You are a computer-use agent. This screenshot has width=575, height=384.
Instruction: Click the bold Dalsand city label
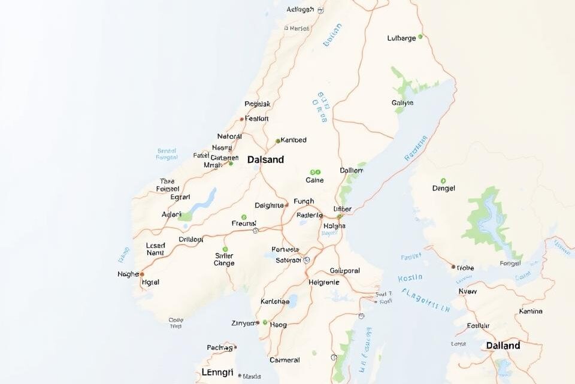point(265,160)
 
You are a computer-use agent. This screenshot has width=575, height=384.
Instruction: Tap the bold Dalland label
point(503,346)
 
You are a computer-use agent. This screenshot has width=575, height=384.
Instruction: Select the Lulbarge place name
point(401,38)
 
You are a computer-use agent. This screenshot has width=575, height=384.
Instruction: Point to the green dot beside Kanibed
point(277,141)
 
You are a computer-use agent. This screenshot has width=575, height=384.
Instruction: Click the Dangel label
point(443,188)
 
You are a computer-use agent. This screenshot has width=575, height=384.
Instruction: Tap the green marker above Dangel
point(443,180)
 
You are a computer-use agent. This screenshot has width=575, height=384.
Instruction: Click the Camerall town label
point(285,360)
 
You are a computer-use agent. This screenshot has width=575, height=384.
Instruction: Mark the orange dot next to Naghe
point(142,274)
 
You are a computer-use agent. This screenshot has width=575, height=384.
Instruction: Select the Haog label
point(279,325)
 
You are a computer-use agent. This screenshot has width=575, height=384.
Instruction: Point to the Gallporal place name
point(344,271)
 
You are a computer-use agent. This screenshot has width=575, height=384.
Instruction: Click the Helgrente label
point(324,282)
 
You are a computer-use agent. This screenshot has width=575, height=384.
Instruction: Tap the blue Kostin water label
point(410,278)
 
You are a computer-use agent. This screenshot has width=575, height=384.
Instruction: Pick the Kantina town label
point(530,311)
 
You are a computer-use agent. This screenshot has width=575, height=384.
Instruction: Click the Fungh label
point(304,202)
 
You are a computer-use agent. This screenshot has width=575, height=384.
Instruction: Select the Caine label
point(314,180)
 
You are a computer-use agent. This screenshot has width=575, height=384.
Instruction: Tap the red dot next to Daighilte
point(287,205)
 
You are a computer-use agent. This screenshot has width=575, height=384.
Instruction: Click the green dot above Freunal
point(244,217)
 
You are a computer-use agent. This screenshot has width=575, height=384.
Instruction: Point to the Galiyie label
point(402,102)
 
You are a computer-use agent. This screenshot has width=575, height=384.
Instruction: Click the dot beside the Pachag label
point(235,347)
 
